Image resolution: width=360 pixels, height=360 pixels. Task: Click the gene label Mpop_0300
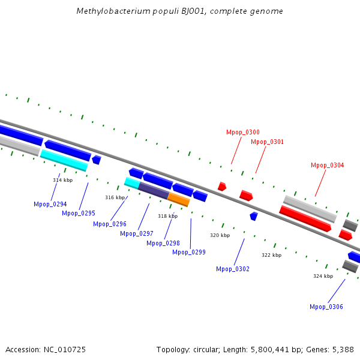pyautogui.click(x=243, y=132)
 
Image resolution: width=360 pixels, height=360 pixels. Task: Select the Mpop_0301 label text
pyautogui.click(x=267, y=142)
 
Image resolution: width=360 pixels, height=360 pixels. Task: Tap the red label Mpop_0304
pyautogui.click(x=327, y=165)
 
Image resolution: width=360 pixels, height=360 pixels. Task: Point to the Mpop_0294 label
pyautogui.click(x=50, y=204)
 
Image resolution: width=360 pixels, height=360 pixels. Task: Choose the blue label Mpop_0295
pyautogui.click(x=79, y=213)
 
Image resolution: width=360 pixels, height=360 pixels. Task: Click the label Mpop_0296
pyautogui.click(x=110, y=224)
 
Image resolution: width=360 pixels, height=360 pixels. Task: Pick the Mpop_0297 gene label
pyautogui.click(x=136, y=233)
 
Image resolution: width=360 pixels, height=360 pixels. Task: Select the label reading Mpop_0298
pyautogui.click(x=163, y=243)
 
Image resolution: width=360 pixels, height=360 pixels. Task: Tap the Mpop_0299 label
pyautogui.click(x=189, y=252)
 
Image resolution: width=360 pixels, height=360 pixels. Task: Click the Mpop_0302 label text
pyautogui.click(x=233, y=269)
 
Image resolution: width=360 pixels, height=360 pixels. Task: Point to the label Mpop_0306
pyautogui.click(x=326, y=307)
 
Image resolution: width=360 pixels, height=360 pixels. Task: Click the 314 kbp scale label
pyautogui.click(x=62, y=180)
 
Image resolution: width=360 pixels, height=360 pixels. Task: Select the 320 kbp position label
pyautogui.click(x=220, y=236)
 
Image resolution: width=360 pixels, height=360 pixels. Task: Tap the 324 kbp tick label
pyautogui.click(x=323, y=276)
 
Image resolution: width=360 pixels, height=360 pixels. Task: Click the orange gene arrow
pyautogui.click(x=178, y=199)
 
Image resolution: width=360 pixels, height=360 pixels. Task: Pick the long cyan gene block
pyautogui.click(x=64, y=160)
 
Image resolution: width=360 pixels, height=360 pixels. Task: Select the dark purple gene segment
pyautogui.click(x=153, y=191)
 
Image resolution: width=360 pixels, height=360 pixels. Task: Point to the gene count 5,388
pyautogui.click(x=341, y=349)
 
